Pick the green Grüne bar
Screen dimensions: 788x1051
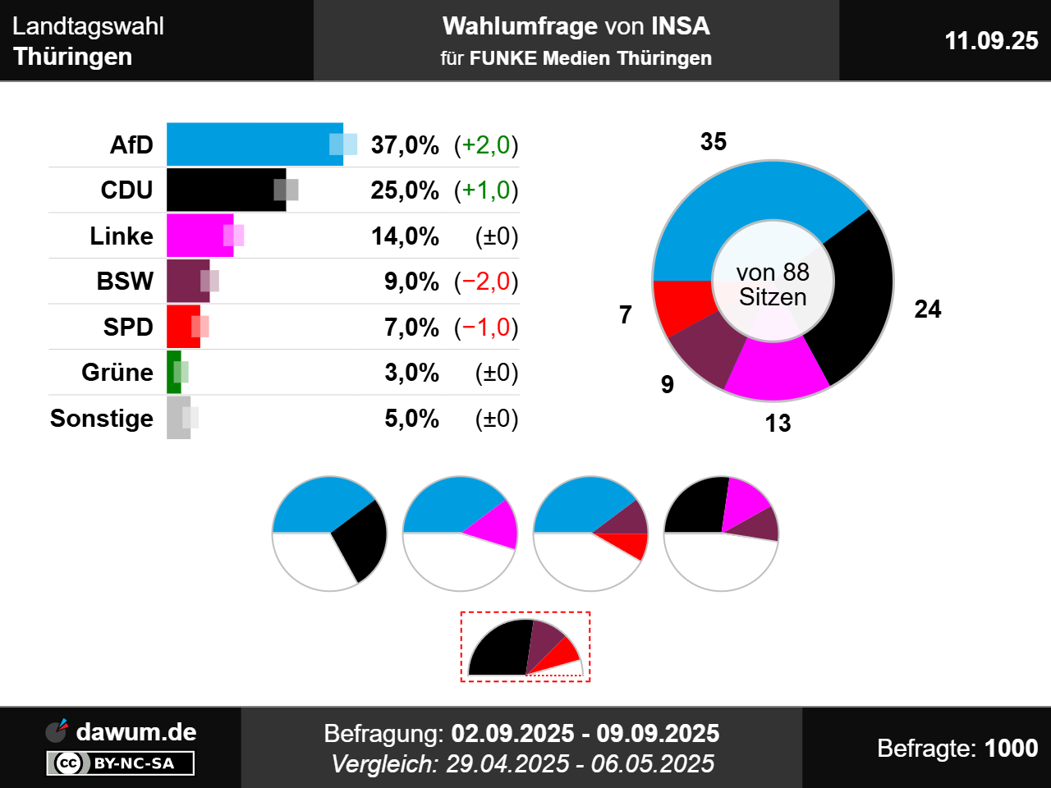click(x=173, y=372)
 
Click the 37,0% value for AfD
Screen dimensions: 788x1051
click(x=405, y=145)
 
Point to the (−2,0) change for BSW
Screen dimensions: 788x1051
click(x=486, y=282)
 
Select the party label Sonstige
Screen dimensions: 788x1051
click(x=102, y=419)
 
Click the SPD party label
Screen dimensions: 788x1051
click(x=128, y=327)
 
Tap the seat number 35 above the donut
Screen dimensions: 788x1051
click(x=713, y=142)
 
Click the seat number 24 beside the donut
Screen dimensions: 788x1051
click(x=927, y=309)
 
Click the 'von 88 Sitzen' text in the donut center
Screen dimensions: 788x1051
click(x=773, y=284)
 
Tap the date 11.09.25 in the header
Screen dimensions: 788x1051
click(x=991, y=40)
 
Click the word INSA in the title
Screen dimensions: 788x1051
click(x=680, y=26)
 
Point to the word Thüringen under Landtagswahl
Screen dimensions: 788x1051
click(x=73, y=57)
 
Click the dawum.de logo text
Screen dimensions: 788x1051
click(x=135, y=731)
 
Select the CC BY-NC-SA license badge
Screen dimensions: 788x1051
click(x=121, y=763)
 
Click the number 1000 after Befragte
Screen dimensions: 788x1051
click(x=1011, y=748)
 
